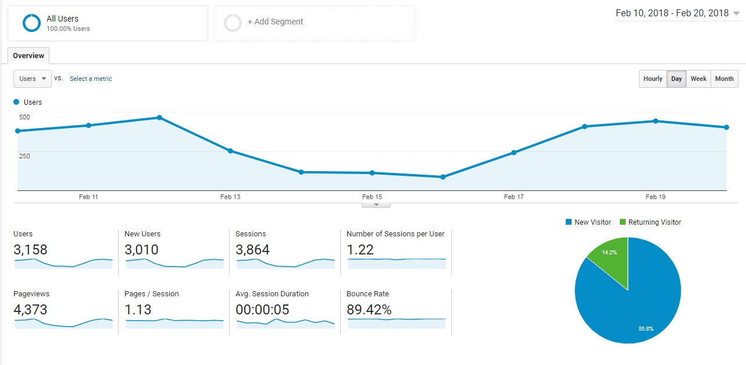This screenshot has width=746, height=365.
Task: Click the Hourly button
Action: tap(653, 79)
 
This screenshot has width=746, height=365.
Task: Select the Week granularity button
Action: tap(698, 79)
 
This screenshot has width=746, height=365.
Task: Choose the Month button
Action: tap(724, 79)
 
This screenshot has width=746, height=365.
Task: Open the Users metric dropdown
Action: tap(33, 79)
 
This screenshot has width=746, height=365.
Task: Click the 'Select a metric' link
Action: tap(91, 79)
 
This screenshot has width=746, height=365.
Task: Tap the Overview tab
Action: tap(28, 56)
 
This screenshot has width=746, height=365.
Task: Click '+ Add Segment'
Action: tap(275, 22)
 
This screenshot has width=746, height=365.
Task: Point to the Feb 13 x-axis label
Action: tap(230, 197)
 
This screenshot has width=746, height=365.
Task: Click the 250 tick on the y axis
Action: tap(24, 156)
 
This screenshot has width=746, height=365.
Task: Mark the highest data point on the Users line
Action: tap(159, 118)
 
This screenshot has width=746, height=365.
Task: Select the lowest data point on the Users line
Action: tap(443, 177)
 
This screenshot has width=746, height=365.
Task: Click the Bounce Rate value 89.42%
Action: tap(369, 309)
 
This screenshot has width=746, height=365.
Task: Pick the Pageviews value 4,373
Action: tap(30, 309)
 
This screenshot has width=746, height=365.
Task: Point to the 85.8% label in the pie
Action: tap(646, 329)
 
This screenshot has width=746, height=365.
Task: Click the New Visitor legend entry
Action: tap(588, 222)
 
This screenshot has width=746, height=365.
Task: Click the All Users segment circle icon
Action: tap(31, 23)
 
